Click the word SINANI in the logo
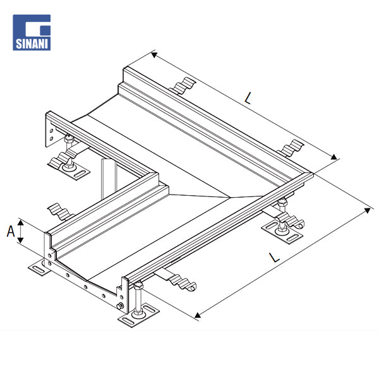pyautogui.click(x=32, y=44)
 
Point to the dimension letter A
pyautogui.click(x=11, y=231)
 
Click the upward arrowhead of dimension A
pyautogui.click(x=21, y=222)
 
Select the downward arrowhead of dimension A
pyautogui.click(x=21, y=240)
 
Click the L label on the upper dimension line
pyautogui.click(x=248, y=98)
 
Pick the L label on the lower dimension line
pyautogui.click(x=274, y=257)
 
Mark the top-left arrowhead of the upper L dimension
pyautogui.click(x=154, y=55)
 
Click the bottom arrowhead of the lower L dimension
pyautogui.click(x=198, y=315)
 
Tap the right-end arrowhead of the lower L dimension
pyautogui.click(x=368, y=210)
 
